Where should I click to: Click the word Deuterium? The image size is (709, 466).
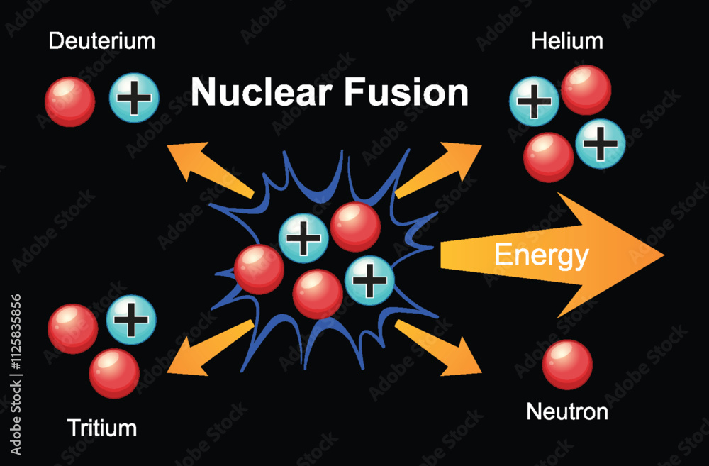(x=101, y=40)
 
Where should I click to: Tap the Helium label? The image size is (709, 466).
(x=567, y=40)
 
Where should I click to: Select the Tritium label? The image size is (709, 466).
(x=101, y=428)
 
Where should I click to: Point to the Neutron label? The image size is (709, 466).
(x=566, y=411)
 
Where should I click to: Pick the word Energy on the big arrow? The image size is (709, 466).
(x=541, y=255)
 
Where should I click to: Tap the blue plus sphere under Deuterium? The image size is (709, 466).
(x=134, y=99)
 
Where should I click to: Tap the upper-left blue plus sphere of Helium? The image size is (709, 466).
(x=534, y=101)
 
